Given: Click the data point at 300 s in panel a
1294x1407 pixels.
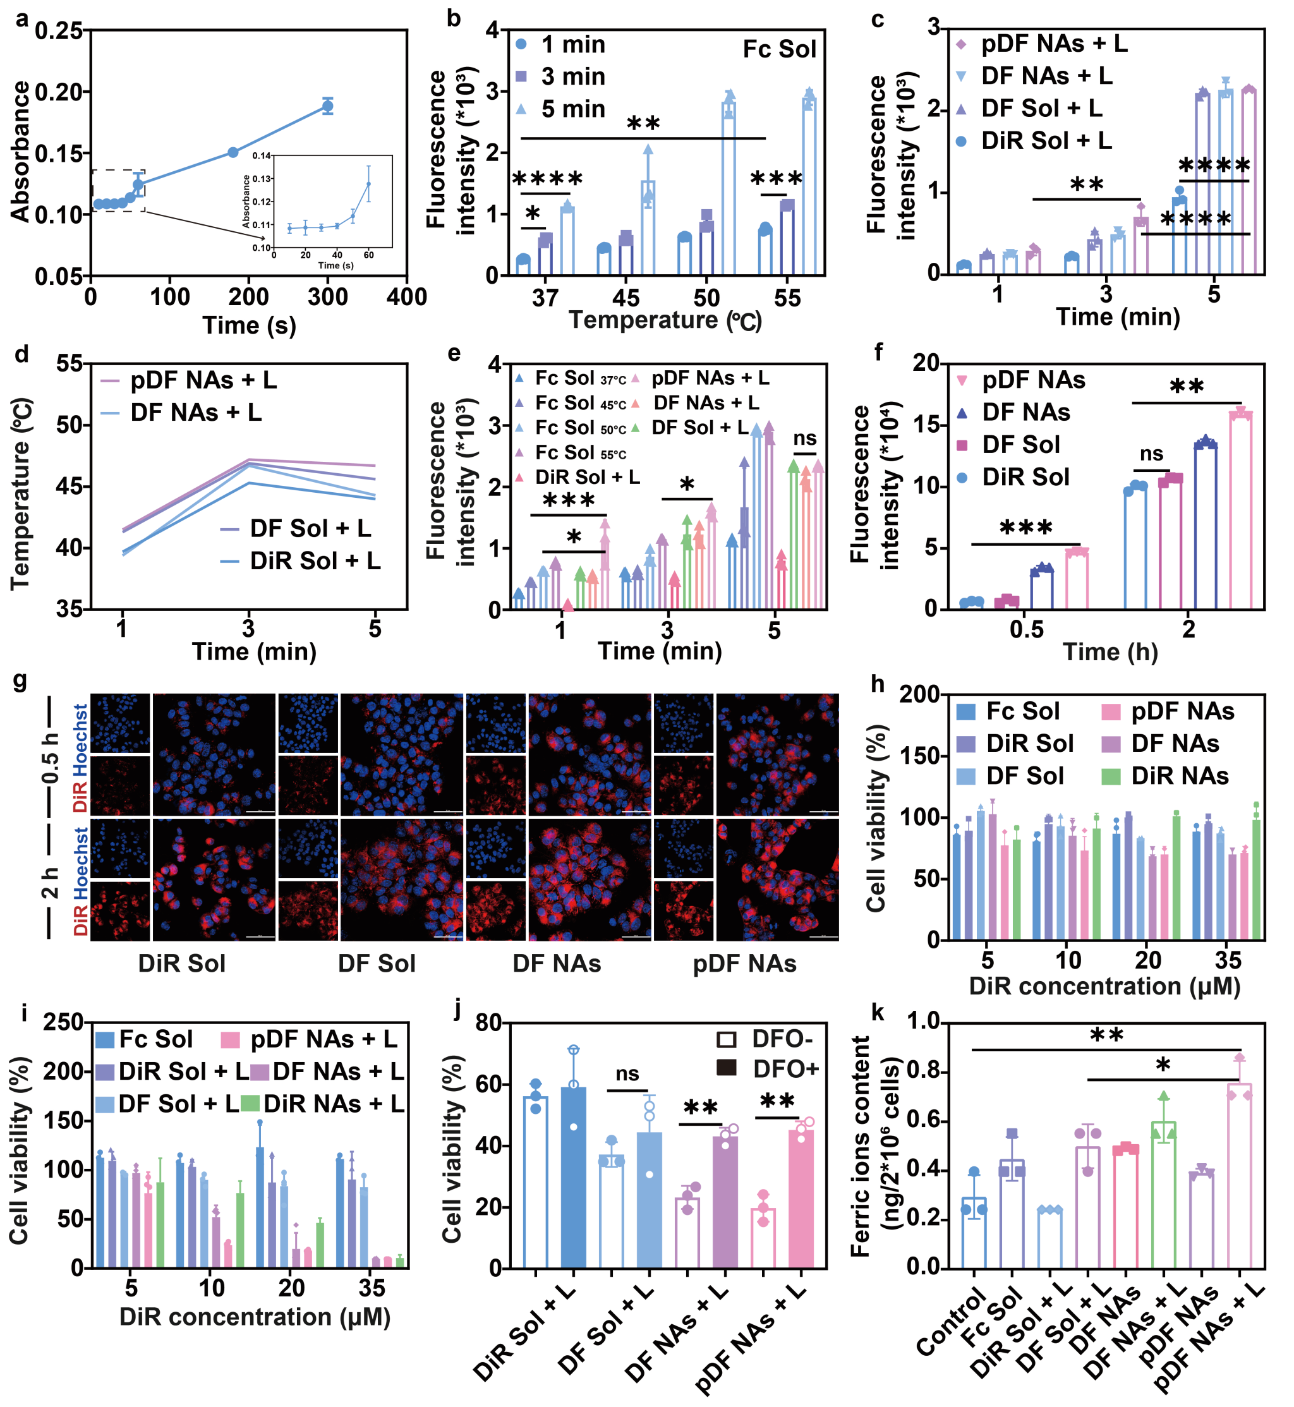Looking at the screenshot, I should tap(328, 106).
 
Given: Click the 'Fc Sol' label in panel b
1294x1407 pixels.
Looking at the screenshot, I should tap(779, 50).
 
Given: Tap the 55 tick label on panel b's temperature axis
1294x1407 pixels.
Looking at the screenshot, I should tap(787, 298).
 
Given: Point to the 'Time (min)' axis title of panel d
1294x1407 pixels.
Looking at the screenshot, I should tap(254, 652).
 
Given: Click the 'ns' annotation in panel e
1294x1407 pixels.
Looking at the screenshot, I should tap(804, 438).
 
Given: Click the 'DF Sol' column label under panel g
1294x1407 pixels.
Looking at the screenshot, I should tap(377, 964).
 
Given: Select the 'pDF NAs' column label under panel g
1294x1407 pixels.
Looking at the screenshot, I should tap(744, 964).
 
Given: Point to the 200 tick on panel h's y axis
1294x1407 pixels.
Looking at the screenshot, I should tap(919, 694).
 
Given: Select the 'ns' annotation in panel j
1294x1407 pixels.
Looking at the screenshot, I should tap(627, 1073).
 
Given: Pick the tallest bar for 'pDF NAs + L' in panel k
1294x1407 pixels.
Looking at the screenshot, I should tap(1240, 1176).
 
